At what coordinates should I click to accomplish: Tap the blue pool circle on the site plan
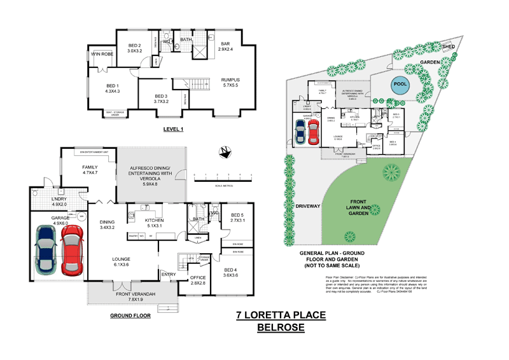pos(398,85)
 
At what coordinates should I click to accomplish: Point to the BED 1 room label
pos(112,88)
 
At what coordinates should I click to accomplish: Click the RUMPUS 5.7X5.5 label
pos(226,82)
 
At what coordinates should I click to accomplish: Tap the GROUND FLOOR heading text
pos(129,315)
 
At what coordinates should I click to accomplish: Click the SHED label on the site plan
pos(449,46)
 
